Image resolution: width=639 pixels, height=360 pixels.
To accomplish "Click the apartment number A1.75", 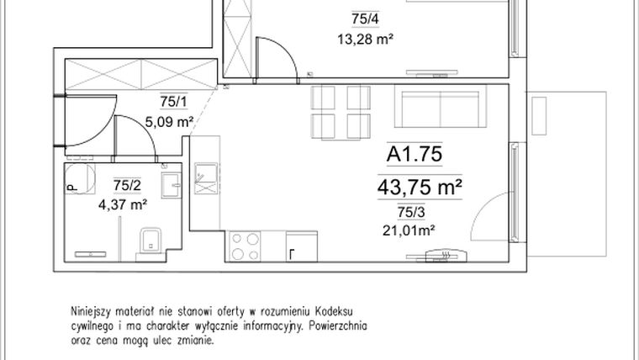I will pos(414,154).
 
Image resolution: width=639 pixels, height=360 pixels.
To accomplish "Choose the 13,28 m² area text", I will pos(366,38).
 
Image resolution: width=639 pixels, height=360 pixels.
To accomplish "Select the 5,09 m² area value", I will pos(171,121).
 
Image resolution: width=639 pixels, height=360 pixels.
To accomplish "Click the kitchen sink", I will pos(205,179).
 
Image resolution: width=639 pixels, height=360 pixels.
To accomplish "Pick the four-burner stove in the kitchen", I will pos(246,246).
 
